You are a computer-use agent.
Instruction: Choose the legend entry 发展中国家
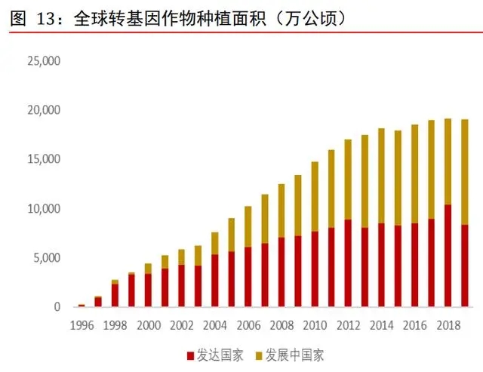(295, 354)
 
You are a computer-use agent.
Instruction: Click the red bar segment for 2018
(448, 256)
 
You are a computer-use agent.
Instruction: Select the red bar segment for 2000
(148, 291)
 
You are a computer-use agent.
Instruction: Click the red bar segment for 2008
(281, 272)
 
